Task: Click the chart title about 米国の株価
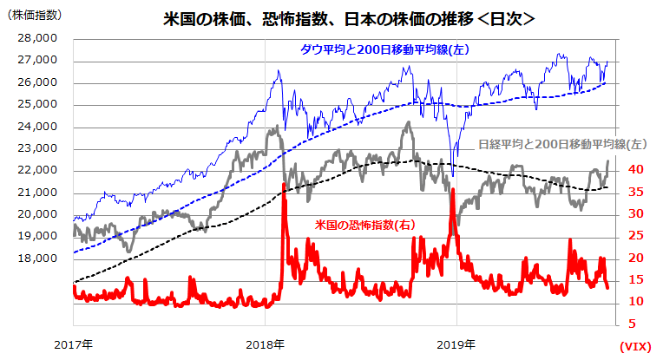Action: tap(348, 17)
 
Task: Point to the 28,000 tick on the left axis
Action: tap(36, 38)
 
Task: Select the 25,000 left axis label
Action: tap(36, 105)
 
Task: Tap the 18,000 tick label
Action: tap(36, 259)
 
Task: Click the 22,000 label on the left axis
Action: tap(36, 171)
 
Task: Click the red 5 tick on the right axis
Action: tap(637, 324)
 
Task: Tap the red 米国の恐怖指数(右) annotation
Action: tap(364, 225)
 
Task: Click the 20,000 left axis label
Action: tap(36, 214)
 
